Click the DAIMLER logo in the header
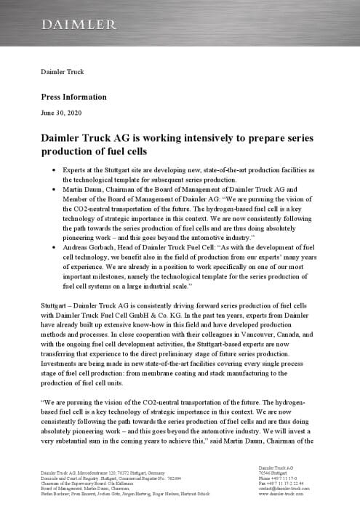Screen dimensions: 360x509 coord(78,25)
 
